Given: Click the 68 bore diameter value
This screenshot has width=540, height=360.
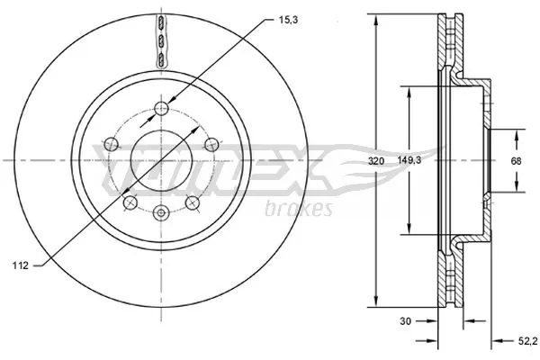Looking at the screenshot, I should (517, 162).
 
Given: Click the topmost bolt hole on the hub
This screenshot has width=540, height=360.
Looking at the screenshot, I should (161, 109).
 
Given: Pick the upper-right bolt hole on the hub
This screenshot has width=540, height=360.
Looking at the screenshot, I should (210, 143).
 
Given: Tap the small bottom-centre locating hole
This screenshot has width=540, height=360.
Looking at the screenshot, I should (161, 213).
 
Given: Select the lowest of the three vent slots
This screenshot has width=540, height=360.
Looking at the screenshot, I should (161, 58).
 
